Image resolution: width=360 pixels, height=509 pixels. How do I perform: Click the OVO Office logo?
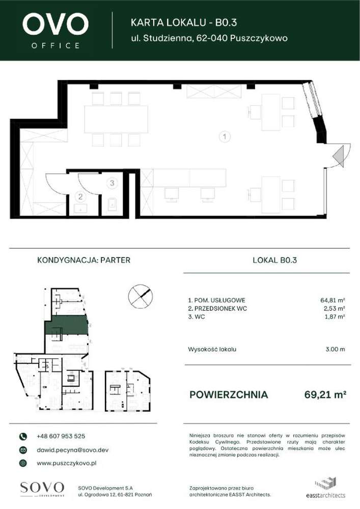click(56, 30)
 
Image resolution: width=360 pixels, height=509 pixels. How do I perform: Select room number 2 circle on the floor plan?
click(80, 196)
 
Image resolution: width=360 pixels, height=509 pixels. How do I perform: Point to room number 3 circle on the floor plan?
click(113, 182)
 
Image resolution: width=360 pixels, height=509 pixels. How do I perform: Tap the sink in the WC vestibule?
click(80, 208)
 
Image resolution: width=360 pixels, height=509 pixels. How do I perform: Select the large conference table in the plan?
click(116, 119)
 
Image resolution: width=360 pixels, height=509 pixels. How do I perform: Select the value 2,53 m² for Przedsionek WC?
click(335, 308)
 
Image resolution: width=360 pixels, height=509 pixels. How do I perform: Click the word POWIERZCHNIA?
click(228, 394)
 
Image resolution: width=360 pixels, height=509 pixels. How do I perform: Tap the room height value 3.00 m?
click(335, 349)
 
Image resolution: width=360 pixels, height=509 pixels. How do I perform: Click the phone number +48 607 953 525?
click(61, 436)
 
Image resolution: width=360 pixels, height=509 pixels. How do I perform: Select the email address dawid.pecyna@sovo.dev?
click(72, 450)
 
